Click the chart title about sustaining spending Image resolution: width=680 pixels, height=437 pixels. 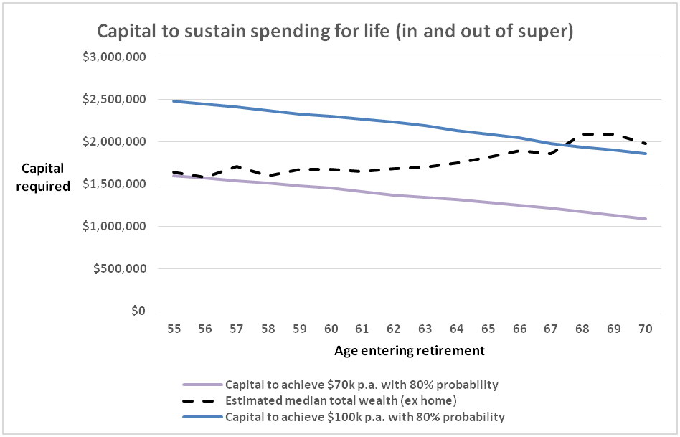[335, 32]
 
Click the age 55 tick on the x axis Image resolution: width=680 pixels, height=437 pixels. [174, 328]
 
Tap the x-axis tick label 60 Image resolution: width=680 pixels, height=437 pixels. [331, 328]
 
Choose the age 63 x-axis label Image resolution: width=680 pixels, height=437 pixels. [425, 328]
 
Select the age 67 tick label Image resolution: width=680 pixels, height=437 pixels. [551, 328]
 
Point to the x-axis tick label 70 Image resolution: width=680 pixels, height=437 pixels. [646, 328]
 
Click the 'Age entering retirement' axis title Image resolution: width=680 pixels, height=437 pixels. [410, 351]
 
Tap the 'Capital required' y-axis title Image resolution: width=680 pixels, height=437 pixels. [47, 177]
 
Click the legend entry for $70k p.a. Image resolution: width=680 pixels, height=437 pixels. [362, 385]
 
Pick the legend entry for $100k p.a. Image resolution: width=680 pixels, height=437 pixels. [364, 417]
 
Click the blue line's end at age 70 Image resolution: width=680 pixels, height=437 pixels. [646, 154]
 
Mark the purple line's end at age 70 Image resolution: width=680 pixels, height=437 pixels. [646, 219]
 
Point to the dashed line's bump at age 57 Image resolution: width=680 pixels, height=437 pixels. [237, 166]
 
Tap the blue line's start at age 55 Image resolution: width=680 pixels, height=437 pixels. [174, 101]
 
